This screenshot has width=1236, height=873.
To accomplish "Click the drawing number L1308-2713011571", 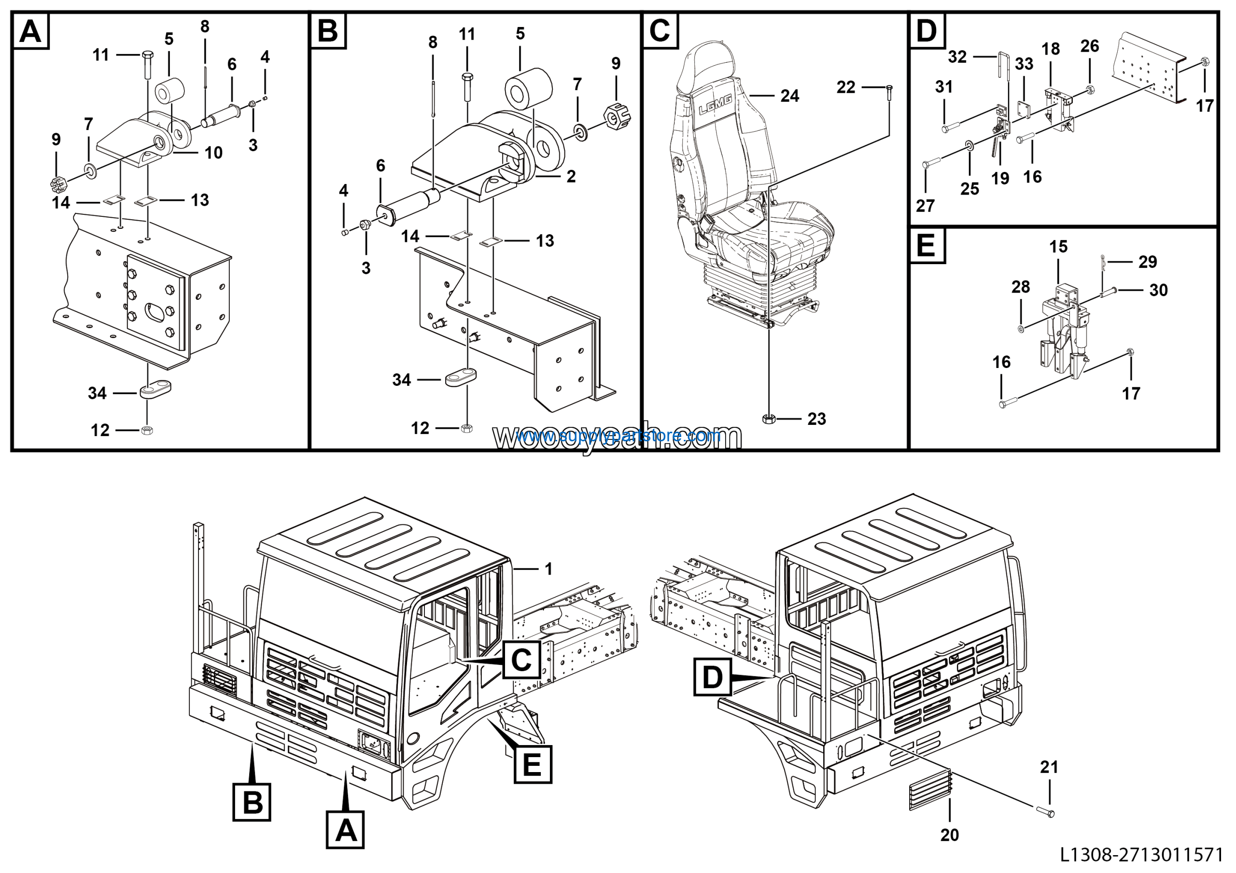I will tap(1141, 855).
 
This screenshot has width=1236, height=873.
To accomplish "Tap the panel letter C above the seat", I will tap(660, 31).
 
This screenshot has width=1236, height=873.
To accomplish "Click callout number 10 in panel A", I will tap(213, 153).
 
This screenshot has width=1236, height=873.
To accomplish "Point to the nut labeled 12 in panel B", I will tap(467, 428).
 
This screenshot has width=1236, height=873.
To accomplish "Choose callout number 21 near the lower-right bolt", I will tap(1049, 766).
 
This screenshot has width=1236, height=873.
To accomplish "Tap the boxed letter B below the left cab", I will tap(252, 802).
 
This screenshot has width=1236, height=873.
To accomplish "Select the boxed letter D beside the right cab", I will tap(712, 676).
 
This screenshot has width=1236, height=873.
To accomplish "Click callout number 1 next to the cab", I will tap(548, 568).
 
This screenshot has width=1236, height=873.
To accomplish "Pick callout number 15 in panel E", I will tap(1058, 247).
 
